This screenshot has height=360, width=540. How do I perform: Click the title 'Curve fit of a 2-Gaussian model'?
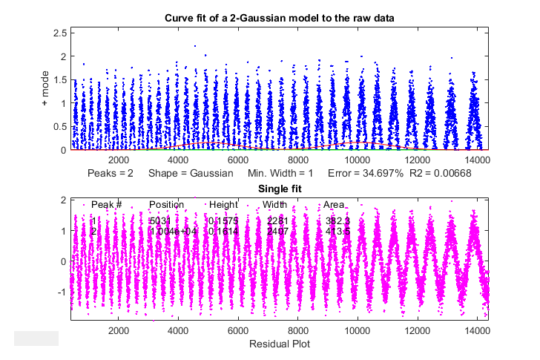[279, 17]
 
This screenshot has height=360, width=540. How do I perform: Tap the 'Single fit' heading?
[279, 189]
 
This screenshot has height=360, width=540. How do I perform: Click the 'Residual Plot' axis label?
[279, 344]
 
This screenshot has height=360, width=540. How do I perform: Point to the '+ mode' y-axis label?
[45, 89]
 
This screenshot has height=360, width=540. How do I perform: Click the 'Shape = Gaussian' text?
[191, 173]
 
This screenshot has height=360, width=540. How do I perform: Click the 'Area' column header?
[333, 204]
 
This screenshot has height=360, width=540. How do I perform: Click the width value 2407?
[277, 231]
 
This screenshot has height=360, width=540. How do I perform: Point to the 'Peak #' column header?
[106, 204]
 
